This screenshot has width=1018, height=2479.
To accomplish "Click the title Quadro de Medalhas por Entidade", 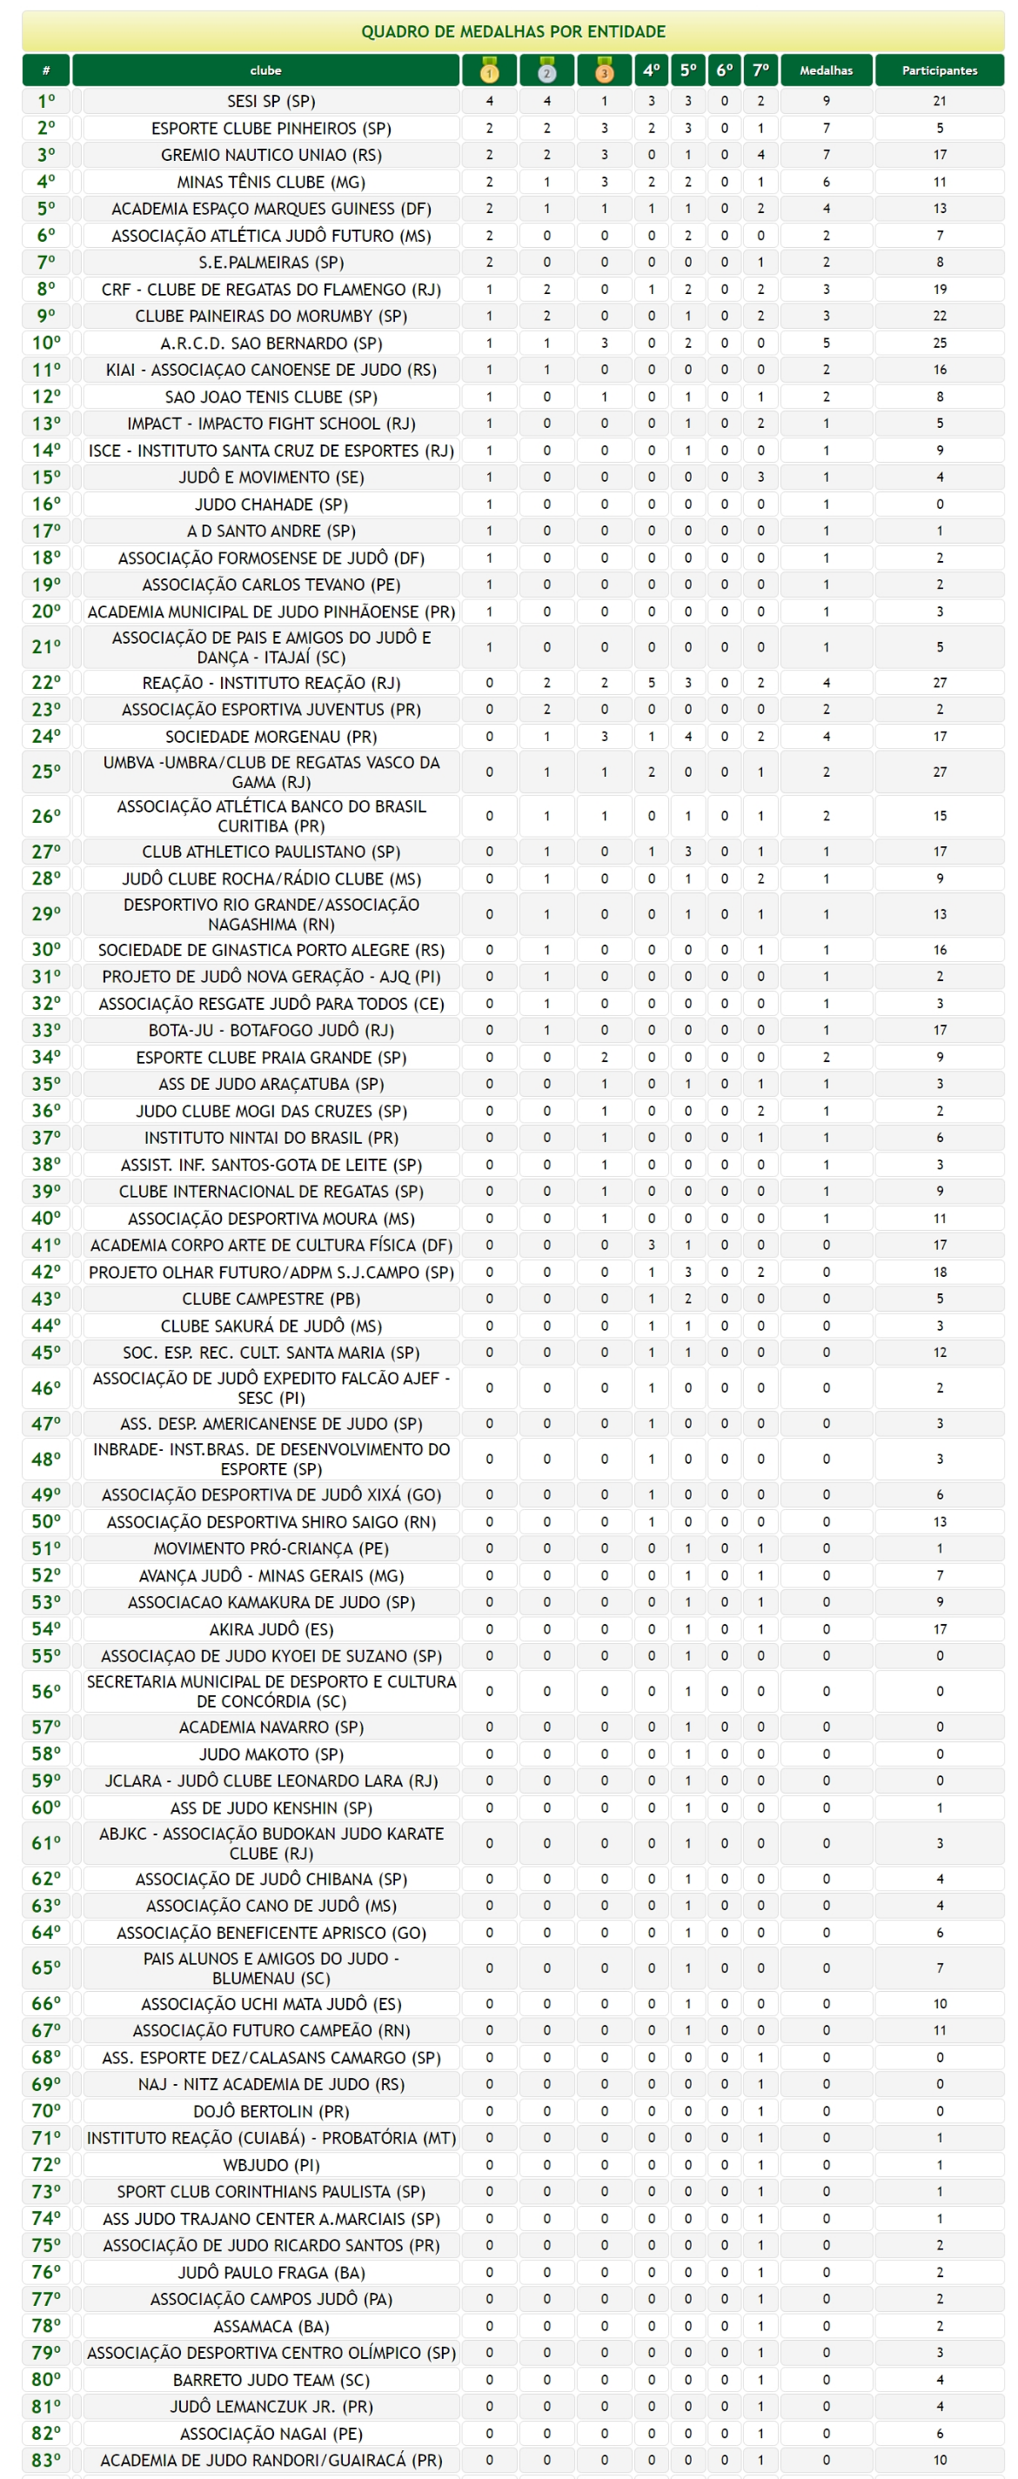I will (512, 32).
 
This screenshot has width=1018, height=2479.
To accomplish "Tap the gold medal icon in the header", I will (489, 70).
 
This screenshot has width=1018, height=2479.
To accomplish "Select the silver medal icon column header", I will (546, 70).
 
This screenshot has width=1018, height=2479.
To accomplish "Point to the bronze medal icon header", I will (604, 70).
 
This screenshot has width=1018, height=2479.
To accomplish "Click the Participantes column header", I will (939, 70).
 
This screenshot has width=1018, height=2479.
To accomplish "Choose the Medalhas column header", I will (826, 70).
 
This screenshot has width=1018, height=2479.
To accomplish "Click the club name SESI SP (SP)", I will (271, 101).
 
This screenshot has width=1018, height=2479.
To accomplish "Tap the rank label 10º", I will (46, 343).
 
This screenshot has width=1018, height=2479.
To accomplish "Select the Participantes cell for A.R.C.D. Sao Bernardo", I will (939, 343).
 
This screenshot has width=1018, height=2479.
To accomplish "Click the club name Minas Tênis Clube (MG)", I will (271, 182).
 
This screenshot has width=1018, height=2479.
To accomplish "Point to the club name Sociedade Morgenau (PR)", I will (271, 736).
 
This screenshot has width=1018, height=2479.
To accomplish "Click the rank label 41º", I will (46, 1245).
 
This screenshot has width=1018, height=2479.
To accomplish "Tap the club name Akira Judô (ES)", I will (271, 1628).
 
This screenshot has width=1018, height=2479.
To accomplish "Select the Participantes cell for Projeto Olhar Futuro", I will (939, 1272).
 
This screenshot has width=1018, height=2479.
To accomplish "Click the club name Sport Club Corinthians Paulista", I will (271, 2191).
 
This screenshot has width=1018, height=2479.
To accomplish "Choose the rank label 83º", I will (46, 2460).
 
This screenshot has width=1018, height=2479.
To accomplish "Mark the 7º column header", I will (760, 70).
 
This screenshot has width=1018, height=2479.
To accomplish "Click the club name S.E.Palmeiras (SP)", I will (271, 262).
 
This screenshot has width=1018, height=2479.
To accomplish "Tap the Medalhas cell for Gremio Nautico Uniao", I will (826, 154).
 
